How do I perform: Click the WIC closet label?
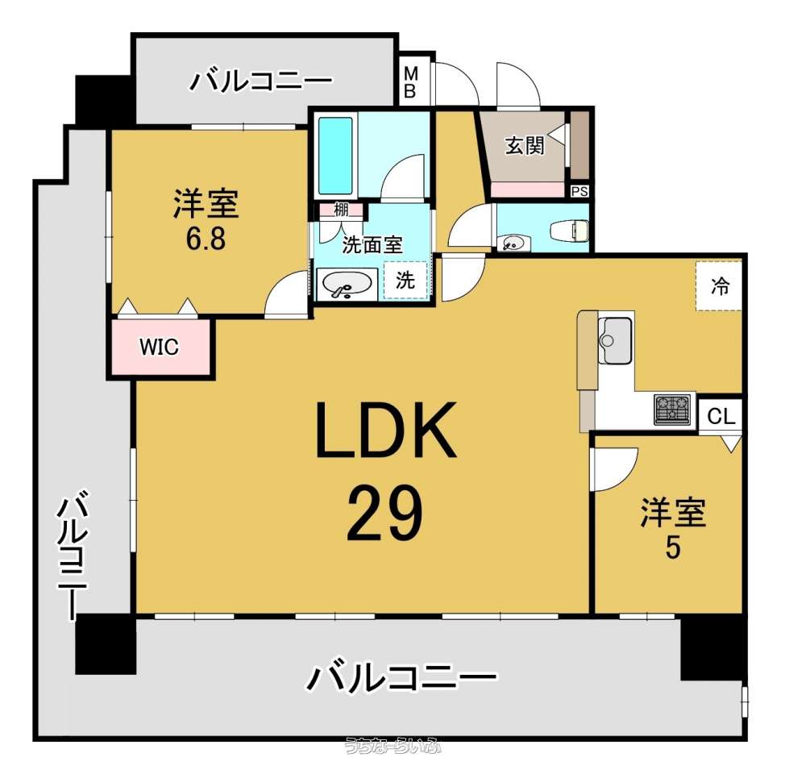click(159, 347)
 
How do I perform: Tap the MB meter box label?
click(410, 83)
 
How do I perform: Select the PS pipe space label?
click(579, 192)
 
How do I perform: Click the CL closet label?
click(721, 416)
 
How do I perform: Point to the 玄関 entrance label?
click(524, 146)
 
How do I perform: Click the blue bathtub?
click(336, 156)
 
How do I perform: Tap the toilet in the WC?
click(569, 231)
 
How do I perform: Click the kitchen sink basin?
click(615, 340)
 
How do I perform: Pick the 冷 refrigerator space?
click(720, 286)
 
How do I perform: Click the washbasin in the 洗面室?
click(347, 285)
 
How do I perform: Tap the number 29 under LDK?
click(384, 514)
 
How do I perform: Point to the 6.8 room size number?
click(206, 239)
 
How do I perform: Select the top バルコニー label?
click(260, 81)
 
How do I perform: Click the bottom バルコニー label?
click(401, 677)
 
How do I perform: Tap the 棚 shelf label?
click(341, 210)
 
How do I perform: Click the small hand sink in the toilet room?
click(512, 243)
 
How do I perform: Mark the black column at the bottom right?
click(713, 648)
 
